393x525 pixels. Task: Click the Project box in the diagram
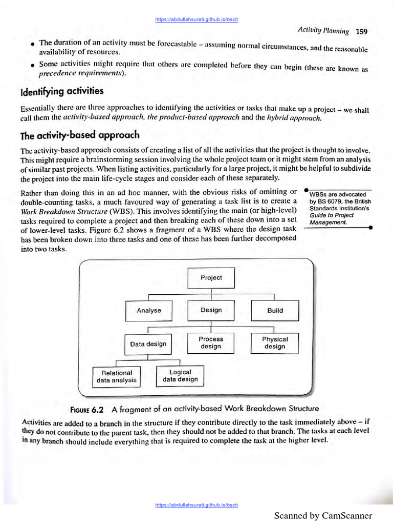click(x=211, y=277)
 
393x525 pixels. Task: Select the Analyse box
click(x=149, y=310)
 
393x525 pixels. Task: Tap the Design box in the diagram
click(x=211, y=310)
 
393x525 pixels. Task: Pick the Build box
click(x=275, y=310)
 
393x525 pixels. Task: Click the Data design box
click(x=148, y=344)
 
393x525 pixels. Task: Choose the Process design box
click(x=211, y=343)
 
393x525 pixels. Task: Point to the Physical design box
click(x=275, y=343)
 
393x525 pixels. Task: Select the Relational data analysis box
click(x=117, y=377)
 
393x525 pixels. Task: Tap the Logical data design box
click(x=180, y=376)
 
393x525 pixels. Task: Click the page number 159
click(x=361, y=31)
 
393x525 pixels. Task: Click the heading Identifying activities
click(x=62, y=91)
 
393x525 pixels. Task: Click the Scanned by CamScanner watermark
click(x=323, y=516)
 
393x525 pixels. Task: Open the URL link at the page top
click(x=196, y=19)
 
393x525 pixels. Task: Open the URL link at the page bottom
click(x=196, y=505)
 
